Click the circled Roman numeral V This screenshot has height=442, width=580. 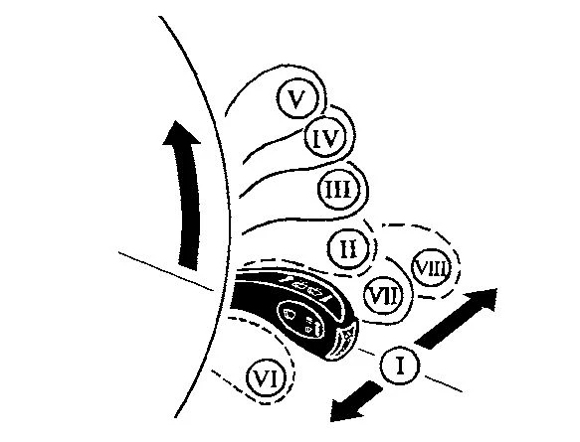coord(297,98)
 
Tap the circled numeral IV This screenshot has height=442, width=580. coord(325,137)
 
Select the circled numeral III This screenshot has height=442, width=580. coord(339,189)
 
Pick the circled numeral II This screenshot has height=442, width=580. coord(348,248)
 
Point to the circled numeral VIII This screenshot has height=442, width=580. coord(432,267)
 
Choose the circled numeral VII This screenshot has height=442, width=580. coord(384,296)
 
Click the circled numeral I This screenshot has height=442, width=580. coord(400,365)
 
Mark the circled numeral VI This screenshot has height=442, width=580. coord(267,378)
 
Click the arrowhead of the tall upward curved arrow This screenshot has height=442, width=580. coord(180,133)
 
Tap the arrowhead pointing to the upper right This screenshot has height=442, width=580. coord(482,300)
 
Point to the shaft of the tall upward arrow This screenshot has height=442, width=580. coord(189,207)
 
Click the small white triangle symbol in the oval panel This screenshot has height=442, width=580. coord(308,328)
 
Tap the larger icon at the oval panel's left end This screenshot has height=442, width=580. coord(290,314)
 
